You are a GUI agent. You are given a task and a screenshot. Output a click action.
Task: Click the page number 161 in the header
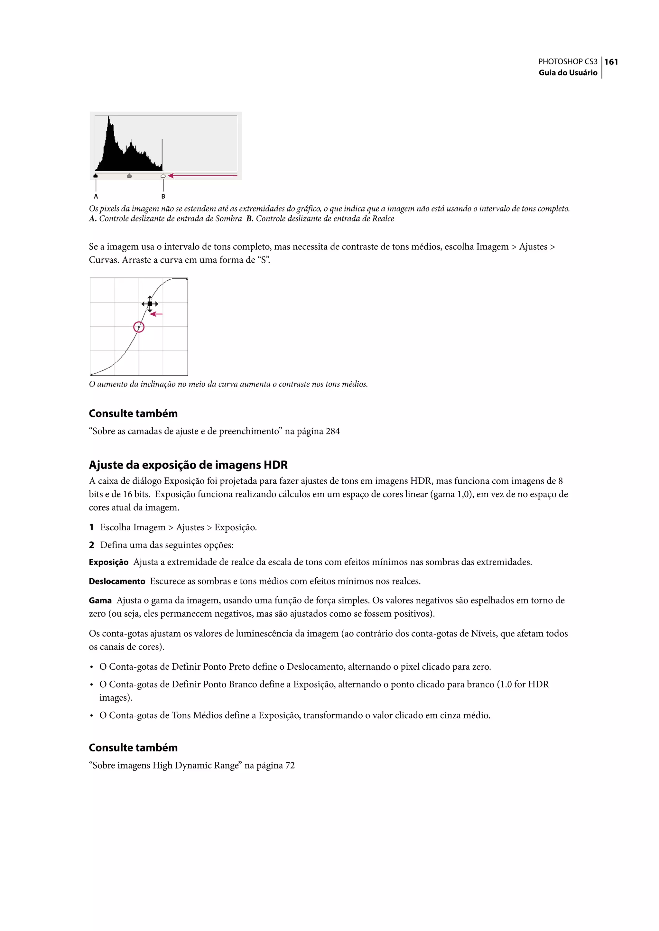(611, 62)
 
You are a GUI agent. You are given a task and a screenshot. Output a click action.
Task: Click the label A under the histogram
(96, 196)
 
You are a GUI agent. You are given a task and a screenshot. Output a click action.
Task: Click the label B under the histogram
(163, 196)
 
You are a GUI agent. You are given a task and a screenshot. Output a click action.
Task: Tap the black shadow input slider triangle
(96, 176)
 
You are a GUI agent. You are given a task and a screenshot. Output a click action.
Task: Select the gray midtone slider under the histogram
(129, 176)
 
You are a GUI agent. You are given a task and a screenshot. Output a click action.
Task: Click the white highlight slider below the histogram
(163, 176)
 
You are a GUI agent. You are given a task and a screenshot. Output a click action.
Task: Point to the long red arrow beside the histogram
(203, 176)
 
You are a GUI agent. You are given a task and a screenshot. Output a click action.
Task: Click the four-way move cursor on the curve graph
(150, 303)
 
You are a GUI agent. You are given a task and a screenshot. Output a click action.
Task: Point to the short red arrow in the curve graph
(156, 314)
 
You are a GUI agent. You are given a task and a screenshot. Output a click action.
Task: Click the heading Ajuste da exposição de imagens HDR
(188, 465)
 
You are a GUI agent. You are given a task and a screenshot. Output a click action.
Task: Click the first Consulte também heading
(133, 414)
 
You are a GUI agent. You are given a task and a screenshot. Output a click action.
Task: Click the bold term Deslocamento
(117, 581)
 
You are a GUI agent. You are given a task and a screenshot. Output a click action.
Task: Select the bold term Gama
(100, 600)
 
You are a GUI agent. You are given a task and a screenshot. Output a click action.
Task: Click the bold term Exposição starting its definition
(108, 562)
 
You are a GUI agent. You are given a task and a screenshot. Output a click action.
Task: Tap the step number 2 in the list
(92, 545)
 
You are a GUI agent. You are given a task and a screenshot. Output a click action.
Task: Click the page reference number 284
(332, 432)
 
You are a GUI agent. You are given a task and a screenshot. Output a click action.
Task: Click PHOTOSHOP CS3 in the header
(567, 62)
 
